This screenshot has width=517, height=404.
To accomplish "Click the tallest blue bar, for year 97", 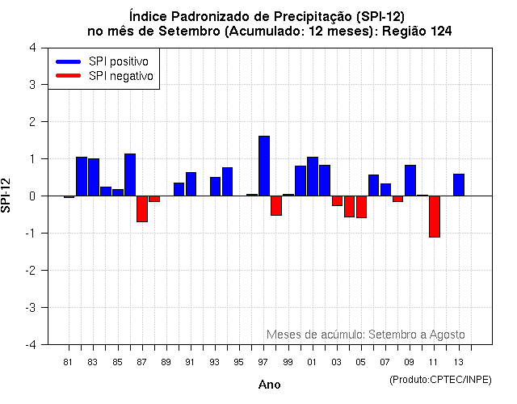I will tap(263, 166).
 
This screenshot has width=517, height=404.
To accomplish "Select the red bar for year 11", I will tap(434, 217).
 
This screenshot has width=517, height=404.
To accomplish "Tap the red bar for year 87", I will tap(142, 208).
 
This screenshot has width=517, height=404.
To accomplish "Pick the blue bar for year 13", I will tap(459, 185).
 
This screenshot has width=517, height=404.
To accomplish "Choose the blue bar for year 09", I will tap(410, 180).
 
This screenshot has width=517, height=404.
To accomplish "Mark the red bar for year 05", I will tap(361, 207).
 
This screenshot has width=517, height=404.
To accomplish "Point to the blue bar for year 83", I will tap(94, 178).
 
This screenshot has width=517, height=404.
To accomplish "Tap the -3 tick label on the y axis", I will tap(30, 308).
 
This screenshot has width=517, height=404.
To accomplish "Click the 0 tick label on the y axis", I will tap(32, 196).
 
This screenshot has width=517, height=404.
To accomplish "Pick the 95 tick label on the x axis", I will tap(239, 362).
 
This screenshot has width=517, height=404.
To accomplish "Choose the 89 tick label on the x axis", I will tap(166, 362).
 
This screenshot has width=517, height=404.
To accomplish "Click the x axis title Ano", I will tap(269, 385).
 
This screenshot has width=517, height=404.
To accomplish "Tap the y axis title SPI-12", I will tap(7, 196).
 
